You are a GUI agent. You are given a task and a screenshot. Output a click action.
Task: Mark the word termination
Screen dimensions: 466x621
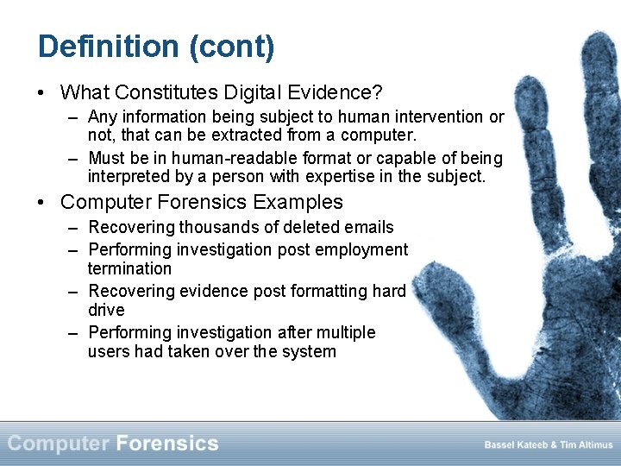129,269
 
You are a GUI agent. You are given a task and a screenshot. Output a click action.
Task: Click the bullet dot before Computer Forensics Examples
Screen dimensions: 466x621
41,203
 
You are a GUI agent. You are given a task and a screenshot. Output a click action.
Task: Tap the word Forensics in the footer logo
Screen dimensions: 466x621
166,444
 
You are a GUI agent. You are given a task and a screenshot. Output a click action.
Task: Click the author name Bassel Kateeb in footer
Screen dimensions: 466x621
517,445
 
